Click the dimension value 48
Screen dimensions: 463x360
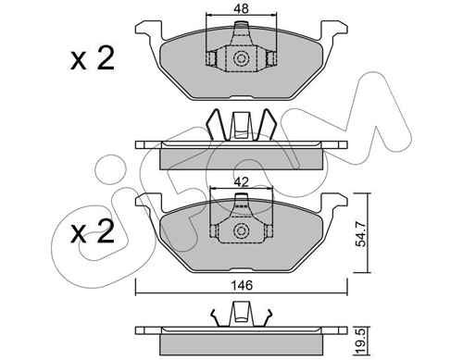(x=242, y=8)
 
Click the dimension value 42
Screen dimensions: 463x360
(x=242, y=182)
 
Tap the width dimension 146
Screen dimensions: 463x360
(x=243, y=285)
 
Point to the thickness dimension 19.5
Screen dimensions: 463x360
(x=360, y=341)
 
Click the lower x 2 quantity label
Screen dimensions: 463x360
(x=93, y=232)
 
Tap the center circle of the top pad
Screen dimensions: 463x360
(x=241, y=58)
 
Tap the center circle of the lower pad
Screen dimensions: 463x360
(x=241, y=230)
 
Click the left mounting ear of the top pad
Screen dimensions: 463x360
(x=149, y=30)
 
